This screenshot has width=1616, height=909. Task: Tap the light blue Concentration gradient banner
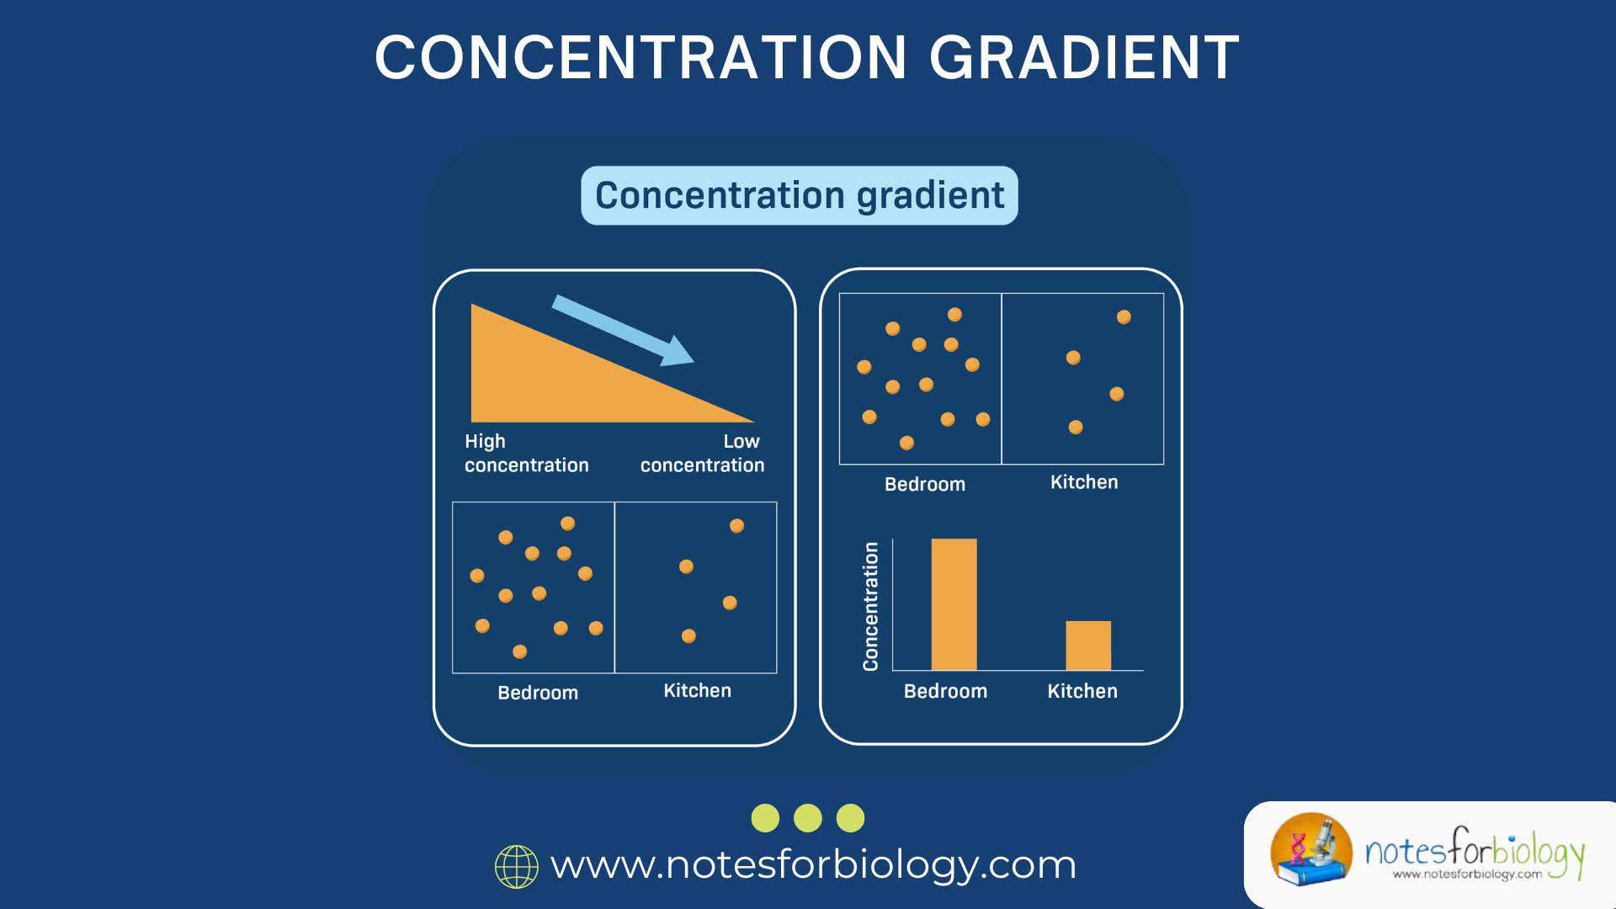click(799, 195)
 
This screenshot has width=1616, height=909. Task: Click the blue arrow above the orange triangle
click(623, 330)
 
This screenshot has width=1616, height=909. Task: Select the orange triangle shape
click(555, 379)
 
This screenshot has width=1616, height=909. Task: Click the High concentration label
click(526, 453)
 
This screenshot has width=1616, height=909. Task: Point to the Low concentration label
click(702, 453)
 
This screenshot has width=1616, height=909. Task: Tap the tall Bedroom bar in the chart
click(954, 604)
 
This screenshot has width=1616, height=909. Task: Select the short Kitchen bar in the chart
click(1088, 646)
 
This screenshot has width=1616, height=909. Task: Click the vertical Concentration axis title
click(871, 606)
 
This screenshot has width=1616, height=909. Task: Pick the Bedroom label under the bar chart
click(945, 691)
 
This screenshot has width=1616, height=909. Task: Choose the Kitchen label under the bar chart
click(1082, 691)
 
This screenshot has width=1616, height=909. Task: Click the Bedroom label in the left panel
click(538, 693)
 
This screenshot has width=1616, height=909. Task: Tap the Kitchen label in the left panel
click(697, 690)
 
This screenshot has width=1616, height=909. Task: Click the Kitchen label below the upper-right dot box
click(1084, 482)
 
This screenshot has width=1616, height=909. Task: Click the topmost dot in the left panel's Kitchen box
click(736, 526)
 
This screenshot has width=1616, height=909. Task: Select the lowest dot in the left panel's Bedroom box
click(520, 651)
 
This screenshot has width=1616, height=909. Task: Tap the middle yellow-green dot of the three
click(808, 818)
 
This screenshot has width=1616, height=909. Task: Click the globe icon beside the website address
click(517, 866)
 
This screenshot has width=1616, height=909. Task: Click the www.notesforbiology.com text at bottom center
click(813, 865)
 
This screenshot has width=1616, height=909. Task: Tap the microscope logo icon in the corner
click(1310, 850)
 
